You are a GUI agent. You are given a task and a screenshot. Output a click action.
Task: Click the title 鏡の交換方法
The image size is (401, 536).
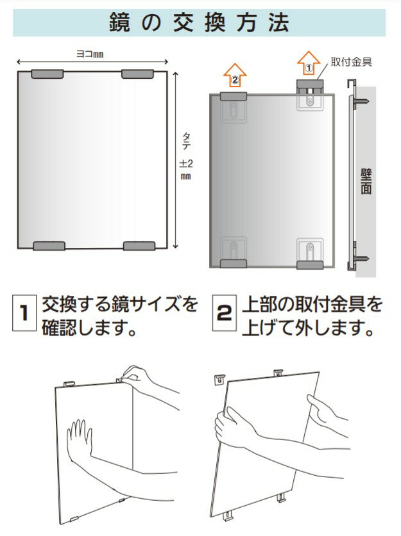[x=200, y=22]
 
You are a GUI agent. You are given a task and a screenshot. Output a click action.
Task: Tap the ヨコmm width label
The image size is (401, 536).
[x=89, y=54]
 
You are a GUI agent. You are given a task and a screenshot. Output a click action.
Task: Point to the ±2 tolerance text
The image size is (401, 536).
[x=186, y=163]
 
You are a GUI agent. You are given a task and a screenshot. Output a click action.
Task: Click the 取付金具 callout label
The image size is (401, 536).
[x=352, y=62]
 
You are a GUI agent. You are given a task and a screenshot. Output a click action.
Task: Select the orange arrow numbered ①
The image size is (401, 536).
[x=309, y=63]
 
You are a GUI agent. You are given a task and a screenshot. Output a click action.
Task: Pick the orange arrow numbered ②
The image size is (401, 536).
[x=235, y=75]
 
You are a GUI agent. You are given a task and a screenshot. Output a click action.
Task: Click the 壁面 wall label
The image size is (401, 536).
[x=366, y=181]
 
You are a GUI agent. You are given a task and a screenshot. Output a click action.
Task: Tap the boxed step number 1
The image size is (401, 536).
[x=24, y=313]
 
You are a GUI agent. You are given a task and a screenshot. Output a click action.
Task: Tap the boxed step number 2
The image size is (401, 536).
[x=225, y=313]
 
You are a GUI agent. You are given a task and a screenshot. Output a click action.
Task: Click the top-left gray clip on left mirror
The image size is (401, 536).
[x=47, y=74]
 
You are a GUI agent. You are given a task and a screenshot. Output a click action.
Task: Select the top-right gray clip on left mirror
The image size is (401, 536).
[x=137, y=74]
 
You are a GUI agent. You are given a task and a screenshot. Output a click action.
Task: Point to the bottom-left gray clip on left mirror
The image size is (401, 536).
[x=49, y=246]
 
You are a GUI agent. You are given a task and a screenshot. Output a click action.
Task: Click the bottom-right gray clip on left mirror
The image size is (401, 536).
[x=139, y=246]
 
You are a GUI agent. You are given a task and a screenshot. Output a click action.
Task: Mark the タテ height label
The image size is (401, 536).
[x=186, y=141]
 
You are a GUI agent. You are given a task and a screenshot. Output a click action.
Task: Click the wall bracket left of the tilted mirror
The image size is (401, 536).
[x=220, y=379]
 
